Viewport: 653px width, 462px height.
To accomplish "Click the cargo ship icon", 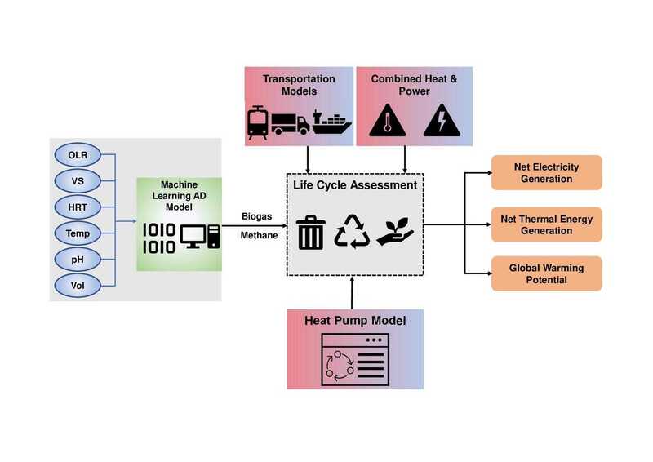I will point(330,124).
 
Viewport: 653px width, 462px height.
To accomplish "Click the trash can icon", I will point(309,231).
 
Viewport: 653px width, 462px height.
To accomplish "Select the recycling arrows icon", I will point(353,231).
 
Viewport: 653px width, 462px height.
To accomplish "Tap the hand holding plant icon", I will point(396,231).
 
